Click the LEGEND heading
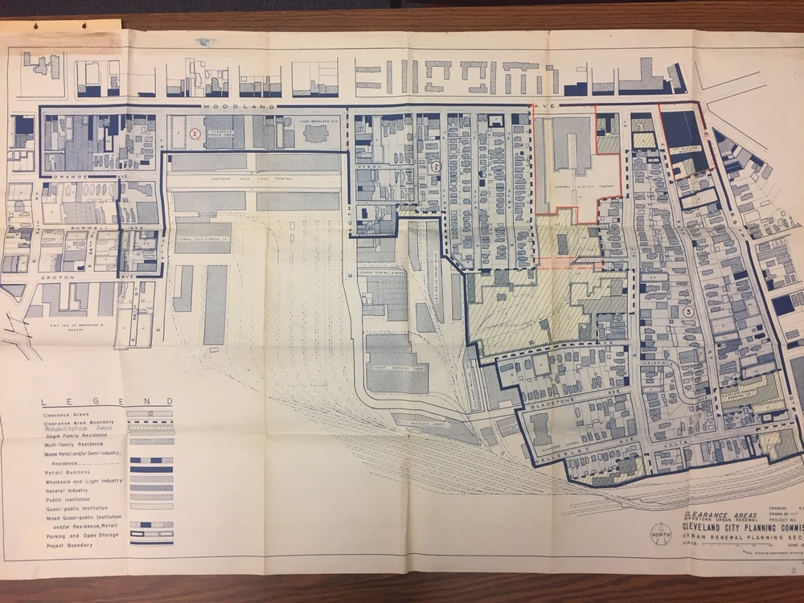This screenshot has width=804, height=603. coord(108,401)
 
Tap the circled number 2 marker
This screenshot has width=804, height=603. coord(436,166)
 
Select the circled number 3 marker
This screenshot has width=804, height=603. coord(687,311)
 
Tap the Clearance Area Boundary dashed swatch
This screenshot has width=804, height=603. coord(151,422)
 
